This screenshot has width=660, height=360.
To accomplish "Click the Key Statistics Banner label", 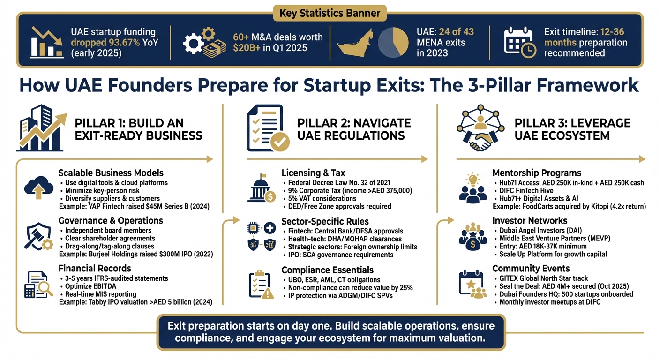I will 330,13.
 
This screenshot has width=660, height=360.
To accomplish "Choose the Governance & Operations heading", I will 111,220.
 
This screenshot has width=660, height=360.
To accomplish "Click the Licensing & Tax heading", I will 314,173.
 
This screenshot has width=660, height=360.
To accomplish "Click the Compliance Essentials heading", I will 327,270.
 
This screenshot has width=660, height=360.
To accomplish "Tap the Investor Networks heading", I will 530,220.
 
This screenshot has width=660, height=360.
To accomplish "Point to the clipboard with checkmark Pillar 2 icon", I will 265,127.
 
